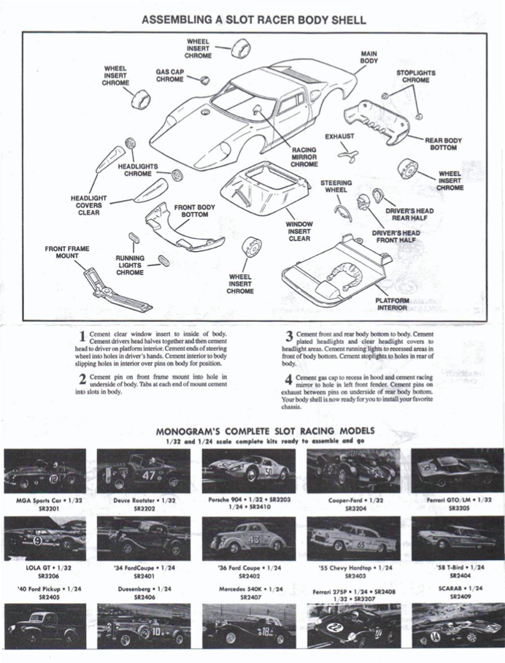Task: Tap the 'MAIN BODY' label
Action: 369,58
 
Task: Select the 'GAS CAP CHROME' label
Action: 169,76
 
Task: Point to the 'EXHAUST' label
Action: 339,136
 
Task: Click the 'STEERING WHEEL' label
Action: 336,186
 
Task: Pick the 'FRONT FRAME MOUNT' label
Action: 67,253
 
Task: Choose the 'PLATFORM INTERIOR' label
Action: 392,304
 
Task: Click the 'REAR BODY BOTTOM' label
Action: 444,144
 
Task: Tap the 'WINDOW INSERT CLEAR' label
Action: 298,231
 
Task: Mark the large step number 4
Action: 289,380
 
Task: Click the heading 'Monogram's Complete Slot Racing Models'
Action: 253,432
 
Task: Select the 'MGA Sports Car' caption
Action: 45,500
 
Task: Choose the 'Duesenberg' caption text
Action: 143,588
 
